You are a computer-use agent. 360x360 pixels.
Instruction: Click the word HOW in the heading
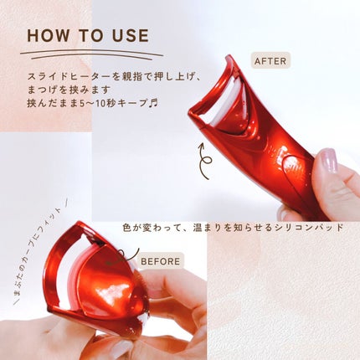[x=48, y=36]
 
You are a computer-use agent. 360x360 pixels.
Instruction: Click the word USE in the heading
[x=131, y=36]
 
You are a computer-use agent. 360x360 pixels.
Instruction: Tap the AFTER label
[x=270, y=61]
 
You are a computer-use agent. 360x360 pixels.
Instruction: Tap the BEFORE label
[x=160, y=261]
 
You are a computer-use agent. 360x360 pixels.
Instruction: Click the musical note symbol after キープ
[x=153, y=103]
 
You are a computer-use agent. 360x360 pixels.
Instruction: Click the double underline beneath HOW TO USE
[x=91, y=54]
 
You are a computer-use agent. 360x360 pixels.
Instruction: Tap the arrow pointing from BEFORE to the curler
[x=122, y=257]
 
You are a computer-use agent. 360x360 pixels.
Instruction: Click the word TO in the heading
[x=90, y=36]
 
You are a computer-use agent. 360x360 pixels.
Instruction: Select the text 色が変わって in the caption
[x=152, y=228]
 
